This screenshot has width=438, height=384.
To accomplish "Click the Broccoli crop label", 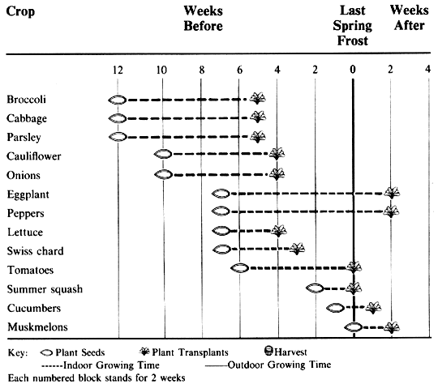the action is coord(26,100).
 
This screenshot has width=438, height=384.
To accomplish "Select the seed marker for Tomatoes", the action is coord(239,268).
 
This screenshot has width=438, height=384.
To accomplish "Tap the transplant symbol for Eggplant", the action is coord(392,193).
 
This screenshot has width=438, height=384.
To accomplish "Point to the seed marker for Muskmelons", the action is coord(353,326).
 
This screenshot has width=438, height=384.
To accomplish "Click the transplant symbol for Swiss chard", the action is coord(297,249).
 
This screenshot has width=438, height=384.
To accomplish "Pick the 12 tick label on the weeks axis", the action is coord(118,70).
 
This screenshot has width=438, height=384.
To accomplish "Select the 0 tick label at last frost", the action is coord(353,70).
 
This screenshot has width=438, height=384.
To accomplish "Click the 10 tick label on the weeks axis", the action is coord(161,70).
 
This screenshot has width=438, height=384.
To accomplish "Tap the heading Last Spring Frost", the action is coord(352,26).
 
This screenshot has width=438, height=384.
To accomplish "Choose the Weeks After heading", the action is coord(410,18).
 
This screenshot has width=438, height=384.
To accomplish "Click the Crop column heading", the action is coord(20,11).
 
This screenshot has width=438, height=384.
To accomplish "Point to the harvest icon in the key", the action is coord(268,351).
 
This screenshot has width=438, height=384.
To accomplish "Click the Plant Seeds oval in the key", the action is coord(46,352).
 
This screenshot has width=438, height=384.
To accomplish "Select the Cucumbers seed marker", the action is coord(335,308).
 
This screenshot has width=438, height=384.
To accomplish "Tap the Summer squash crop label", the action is coord(45,289).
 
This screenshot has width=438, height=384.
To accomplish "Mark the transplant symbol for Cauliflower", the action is coord(277,153).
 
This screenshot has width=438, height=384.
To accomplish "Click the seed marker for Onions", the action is coord(163,175).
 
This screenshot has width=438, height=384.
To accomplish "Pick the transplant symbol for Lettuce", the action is coord(279,231).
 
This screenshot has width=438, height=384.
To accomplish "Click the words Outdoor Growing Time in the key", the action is coord(279,365).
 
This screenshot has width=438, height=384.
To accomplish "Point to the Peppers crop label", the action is coord(26,214).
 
